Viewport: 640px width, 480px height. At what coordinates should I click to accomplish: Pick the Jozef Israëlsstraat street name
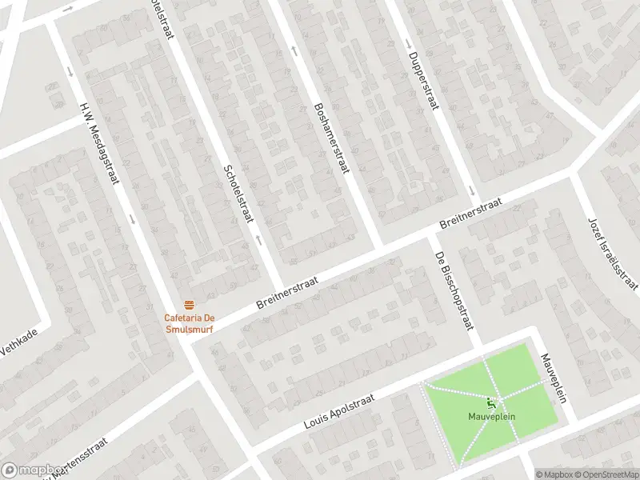click(x=613, y=253)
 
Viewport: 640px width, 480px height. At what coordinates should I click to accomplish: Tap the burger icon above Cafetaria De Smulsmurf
click(x=190, y=304)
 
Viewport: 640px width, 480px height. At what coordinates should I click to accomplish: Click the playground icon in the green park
click(x=490, y=402)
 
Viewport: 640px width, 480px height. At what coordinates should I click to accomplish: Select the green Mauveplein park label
click(x=490, y=416)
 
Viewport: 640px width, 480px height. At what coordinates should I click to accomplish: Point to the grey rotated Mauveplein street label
click(x=553, y=378)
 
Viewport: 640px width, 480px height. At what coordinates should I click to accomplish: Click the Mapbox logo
click(x=32, y=470)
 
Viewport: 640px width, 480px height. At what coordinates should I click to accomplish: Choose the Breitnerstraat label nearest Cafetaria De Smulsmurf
click(x=287, y=294)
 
